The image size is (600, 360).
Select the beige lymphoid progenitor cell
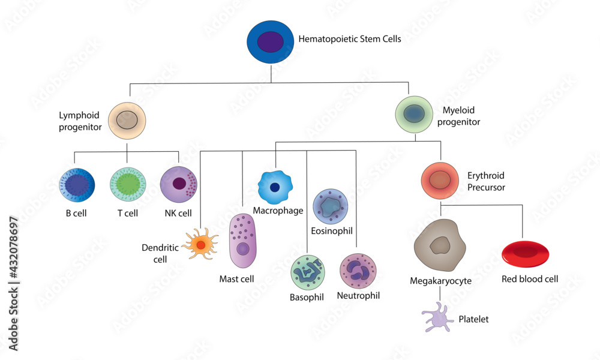(127, 119)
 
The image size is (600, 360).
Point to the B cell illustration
(77, 185)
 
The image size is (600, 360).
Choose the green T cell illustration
(128, 185)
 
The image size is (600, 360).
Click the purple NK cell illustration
(179, 185)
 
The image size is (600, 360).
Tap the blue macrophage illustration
(275, 187)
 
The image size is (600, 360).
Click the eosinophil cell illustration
(331, 206)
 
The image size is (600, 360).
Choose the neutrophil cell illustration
(358, 271)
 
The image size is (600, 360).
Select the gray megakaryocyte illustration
(440, 245)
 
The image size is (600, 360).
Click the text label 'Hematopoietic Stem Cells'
(349, 40)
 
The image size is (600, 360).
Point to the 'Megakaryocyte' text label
(440, 281)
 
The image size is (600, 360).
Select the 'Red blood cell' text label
(530, 279)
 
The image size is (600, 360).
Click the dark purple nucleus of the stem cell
(271, 42)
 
